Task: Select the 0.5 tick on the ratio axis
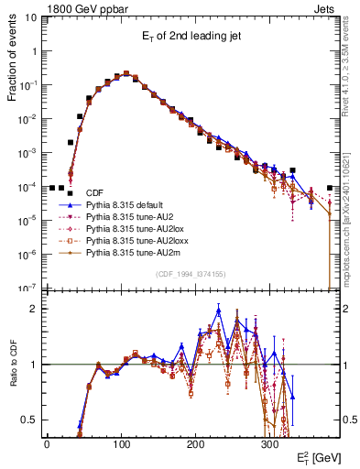[x=29, y=420]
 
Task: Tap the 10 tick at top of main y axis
[x=30, y=17]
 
